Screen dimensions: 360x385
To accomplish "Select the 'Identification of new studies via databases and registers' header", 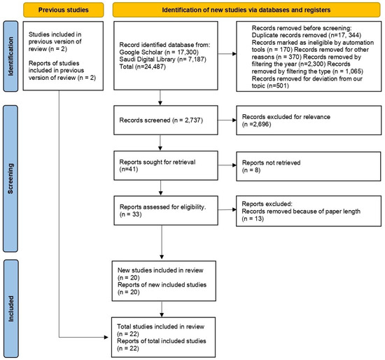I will pos(247,11).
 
